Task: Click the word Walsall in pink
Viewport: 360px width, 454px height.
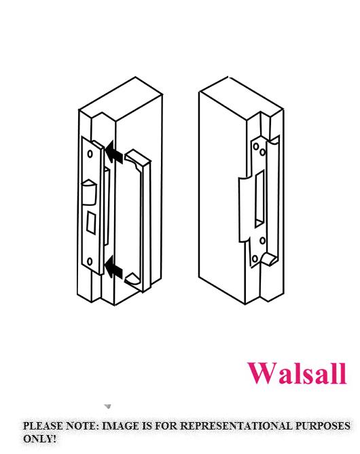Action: pos(297,374)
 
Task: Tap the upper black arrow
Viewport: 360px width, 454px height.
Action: pos(113,153)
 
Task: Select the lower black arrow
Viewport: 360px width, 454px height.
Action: pos(113,268)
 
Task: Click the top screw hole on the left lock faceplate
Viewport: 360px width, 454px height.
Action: pos(90,154)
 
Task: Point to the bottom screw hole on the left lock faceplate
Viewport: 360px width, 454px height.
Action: pos(90,262)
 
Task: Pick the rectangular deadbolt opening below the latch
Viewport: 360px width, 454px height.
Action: pos(91,222)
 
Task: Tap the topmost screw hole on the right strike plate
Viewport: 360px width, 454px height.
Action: pos(256,146)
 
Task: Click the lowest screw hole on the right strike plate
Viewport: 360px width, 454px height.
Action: pos(255,258)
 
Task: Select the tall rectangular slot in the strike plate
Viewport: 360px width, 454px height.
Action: pos(259,198)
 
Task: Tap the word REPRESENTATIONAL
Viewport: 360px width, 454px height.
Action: pos(236,426)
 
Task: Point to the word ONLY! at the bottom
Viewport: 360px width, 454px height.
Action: pos(39,438)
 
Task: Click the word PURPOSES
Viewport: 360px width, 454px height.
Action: pos(323,426)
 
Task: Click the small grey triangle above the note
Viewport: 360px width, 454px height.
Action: pos(107,407)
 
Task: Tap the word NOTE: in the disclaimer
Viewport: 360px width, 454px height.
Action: pos(83,426)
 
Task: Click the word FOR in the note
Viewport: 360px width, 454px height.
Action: pos(166,426)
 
